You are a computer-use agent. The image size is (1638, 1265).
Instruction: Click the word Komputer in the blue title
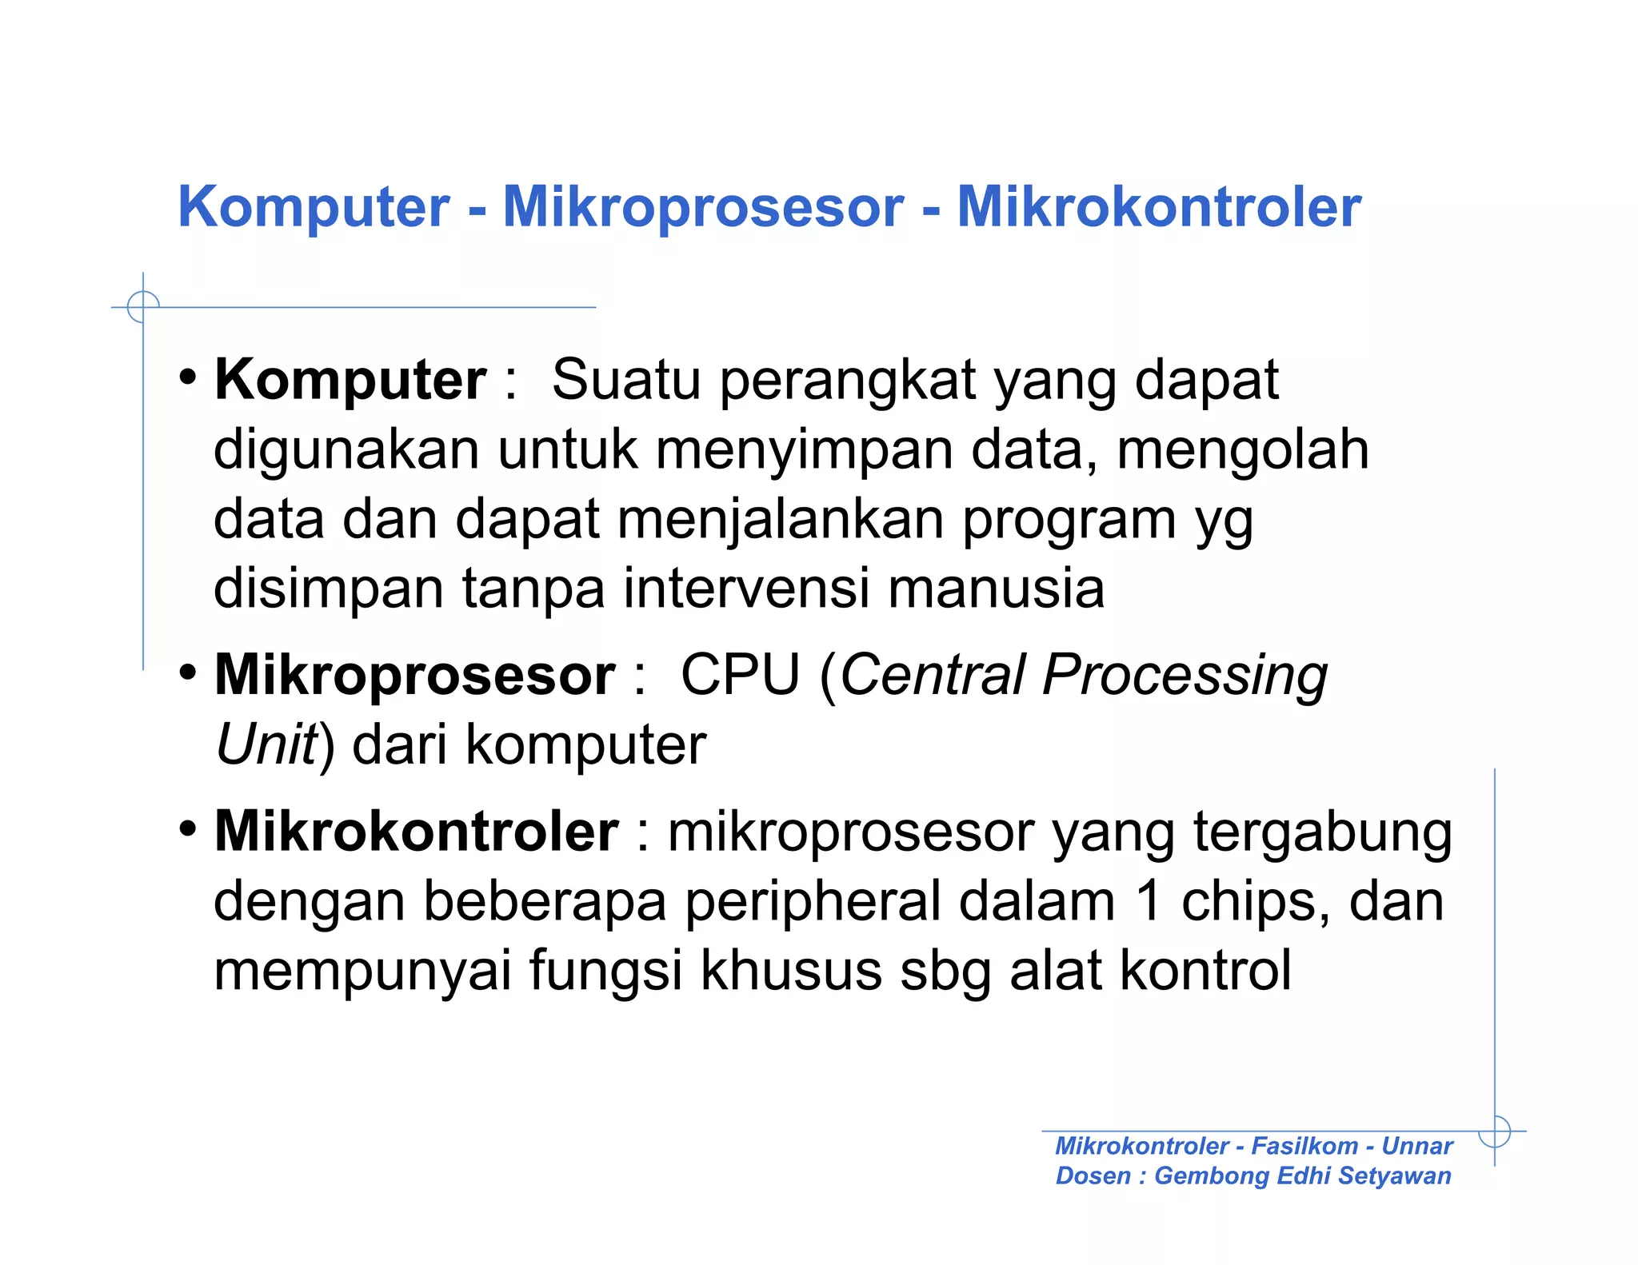[314, 208]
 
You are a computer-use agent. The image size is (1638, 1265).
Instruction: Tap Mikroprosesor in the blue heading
[703, 208]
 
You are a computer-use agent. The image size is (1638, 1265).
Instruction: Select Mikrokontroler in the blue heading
[1158, 208]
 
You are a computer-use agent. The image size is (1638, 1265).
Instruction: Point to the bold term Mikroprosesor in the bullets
[414, 676]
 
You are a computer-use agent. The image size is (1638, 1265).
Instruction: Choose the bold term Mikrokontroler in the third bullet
[416, 832]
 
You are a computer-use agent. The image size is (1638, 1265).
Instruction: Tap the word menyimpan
[804, 449]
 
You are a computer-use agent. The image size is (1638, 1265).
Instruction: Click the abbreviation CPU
[740, 676]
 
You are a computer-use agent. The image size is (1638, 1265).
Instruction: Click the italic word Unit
[266, 745]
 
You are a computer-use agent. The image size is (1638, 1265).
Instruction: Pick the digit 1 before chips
[1148, 902]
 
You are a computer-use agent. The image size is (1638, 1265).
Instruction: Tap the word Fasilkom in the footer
[1304, 1146]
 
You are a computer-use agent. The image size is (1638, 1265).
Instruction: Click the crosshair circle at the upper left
[143, 306]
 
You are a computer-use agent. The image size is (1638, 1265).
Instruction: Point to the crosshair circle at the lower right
[1494, 1131]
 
